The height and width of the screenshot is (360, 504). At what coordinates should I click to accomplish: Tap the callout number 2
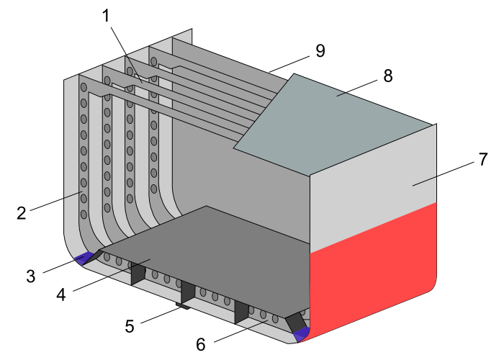click(22, 212)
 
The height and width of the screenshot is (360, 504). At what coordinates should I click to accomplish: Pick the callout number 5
click(130, 326)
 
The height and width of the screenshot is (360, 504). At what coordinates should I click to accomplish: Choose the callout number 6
click(201, 344)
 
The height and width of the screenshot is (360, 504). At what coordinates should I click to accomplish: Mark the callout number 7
click(483, 160)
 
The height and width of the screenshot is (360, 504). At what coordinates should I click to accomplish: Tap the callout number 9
click(320, 50)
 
